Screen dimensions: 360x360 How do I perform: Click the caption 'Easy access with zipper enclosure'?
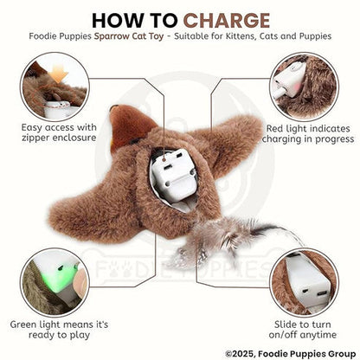pos(52,132)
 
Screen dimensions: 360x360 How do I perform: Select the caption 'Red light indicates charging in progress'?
pos(309,132)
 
